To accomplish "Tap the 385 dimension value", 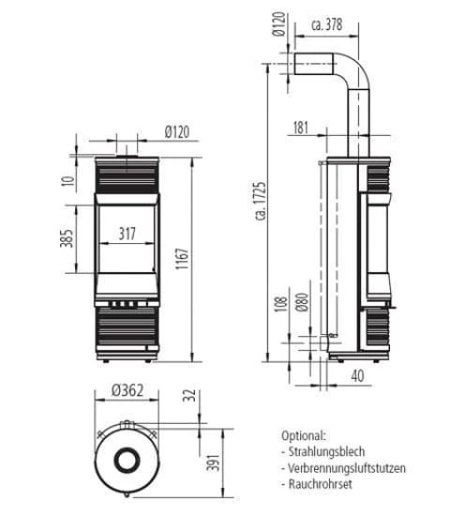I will pos(67,242).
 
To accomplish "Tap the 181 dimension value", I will pos(301,128).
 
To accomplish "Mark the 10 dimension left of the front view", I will pos(67,180).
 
